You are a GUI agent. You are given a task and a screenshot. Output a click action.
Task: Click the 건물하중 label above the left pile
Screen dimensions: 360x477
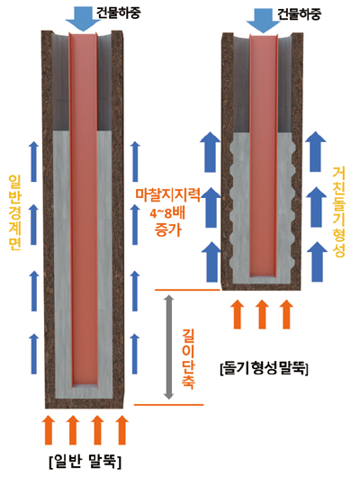coord(119,13)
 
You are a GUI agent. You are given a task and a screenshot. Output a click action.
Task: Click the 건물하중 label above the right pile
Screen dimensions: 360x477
coord(299,13)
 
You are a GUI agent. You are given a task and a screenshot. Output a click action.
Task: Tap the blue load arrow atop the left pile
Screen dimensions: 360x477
coord(83,19)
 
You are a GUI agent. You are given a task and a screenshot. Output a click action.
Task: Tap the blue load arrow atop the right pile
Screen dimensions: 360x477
coord(263,20)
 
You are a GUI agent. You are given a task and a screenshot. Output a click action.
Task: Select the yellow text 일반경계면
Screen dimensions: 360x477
coord(14,212)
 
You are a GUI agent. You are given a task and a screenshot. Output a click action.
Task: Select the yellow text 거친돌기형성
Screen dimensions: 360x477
coord(338,211)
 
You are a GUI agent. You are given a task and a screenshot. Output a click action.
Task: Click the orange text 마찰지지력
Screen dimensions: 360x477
coord(168,195)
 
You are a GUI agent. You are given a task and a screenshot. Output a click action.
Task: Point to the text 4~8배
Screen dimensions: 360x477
coord(167,213)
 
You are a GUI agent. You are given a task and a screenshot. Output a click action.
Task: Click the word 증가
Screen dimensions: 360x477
coord(168,229)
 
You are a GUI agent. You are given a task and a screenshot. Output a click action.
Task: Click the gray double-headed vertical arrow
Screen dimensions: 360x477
coord(168,347)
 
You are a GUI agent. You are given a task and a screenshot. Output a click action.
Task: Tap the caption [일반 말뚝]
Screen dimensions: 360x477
coord(85,462)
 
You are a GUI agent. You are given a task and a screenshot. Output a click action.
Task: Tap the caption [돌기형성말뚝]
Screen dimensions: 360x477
coord(264,368)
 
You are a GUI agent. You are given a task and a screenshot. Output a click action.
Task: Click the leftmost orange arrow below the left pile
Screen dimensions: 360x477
coord(49,429)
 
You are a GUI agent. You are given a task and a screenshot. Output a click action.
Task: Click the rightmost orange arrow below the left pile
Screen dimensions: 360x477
coord(122,429)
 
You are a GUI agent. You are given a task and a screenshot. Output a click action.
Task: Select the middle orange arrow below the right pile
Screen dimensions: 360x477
coord(262,313)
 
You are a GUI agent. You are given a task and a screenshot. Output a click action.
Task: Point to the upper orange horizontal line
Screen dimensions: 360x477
coord(187,290)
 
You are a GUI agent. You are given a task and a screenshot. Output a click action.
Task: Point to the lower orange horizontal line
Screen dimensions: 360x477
coord(168,405)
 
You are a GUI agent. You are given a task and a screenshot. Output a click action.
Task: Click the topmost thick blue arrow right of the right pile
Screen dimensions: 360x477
coord(316,151)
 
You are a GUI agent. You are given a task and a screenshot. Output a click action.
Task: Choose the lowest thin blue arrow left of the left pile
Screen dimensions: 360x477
coord(34,354)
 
